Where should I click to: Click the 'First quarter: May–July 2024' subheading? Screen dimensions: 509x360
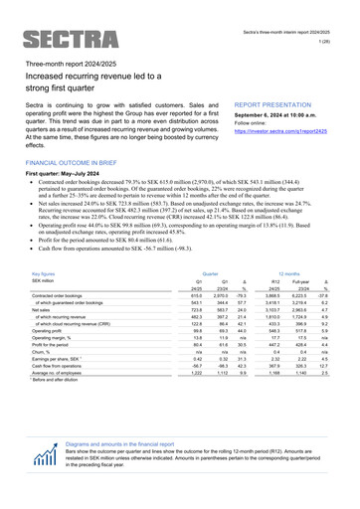click(x=70, y=173)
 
